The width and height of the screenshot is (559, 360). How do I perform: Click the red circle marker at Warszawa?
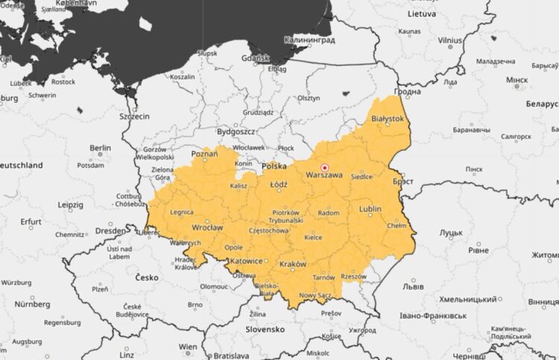pyautogui.click(x=324, y=168)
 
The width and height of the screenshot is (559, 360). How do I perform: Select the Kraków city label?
pyautogui.click(x=292, y=265)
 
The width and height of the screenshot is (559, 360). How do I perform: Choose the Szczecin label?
pyautogui.click(x=134, y=117)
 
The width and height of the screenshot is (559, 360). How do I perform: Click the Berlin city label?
pyautogui.click(x=99, y=148)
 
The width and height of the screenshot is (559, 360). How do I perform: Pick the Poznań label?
pyautogui.click(x=204, y=154)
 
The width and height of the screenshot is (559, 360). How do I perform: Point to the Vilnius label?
pyautogui.click(x=450, y=40)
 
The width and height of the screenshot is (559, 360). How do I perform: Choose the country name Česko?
pyautogui.click(x=147, y=277)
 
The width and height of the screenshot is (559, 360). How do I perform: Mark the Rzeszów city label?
pyautogui.click(x=352, y=276)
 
